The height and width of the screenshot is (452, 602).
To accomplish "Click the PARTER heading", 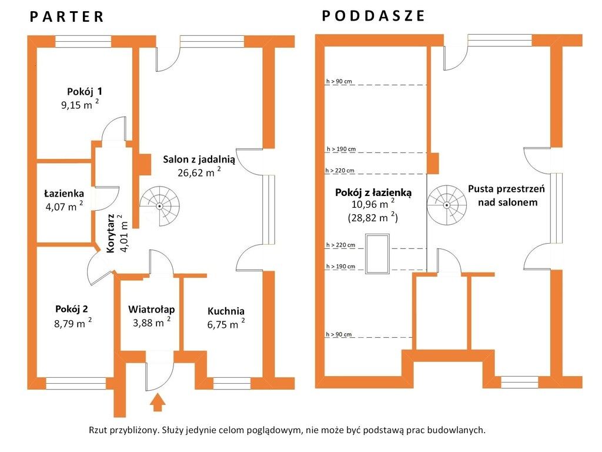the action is pyautogui.click(x=67, y=16).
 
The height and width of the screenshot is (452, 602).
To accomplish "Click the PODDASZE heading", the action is pyautogui.click(x=373, y=16).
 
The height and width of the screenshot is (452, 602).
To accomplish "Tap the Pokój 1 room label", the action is pyautogui.click(x=85, y=91).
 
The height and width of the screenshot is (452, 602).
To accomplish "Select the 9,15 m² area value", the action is pyautogui.click(x=80, y=104).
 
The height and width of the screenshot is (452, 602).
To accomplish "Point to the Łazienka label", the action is pyautogui.click(x=64, y=193).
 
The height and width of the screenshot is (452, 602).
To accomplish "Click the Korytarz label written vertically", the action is pyautogui.click(x=111, y=233).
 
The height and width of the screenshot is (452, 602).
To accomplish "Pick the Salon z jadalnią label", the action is pyautogui.click(x=199, y=159).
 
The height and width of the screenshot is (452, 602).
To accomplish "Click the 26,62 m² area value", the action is pyautogui.click(x=199, y=172).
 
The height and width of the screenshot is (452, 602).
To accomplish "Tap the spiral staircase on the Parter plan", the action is pyautogui.click(x=159, y=206).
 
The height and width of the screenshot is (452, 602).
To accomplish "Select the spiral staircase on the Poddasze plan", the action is pyautogui.click(x=447, y=205).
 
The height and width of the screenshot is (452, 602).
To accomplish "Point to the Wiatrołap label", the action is pyautogui.click(x=151, y=310).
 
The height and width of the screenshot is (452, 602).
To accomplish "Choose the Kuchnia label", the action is pyautogui.click(x=226, y=311).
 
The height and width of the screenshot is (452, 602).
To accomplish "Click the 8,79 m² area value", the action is pyautogui.click(x=73, y=323).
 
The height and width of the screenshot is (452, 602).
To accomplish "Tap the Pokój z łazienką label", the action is pyautogui.click(x=373, y=192).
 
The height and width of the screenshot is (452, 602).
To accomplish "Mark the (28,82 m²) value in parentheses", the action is pyautogui.click(x=373, y=218).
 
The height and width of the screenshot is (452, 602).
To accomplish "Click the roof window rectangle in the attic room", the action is pyautogui.click(x=377, y=254).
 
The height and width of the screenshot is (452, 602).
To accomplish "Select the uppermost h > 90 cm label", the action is pyautogui.click(x=339, y=81).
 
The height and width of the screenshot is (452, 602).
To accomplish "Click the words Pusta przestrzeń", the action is pyautogui.click(x=506, y=189).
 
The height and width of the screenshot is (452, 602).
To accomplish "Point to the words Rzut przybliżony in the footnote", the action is pyautogui.click(x=124, y=430).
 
